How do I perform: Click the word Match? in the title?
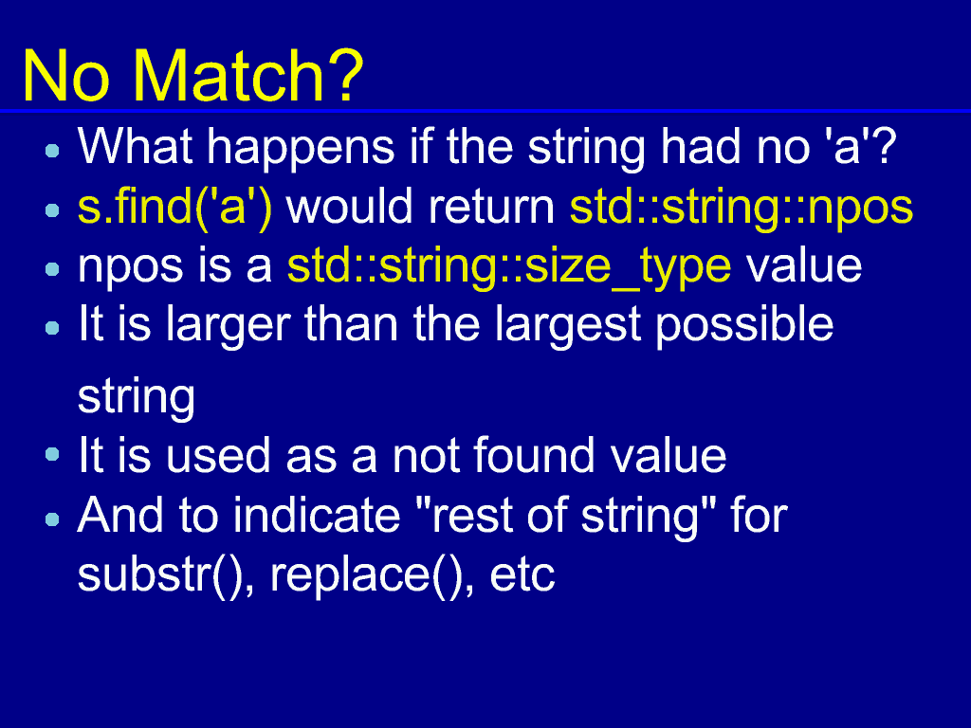pos(248,76)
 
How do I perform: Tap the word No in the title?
pos(66,76)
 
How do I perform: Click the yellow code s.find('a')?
pos(175,207)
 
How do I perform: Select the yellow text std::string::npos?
pos(742,209)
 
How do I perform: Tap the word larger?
pos(228,326)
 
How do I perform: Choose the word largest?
pos(568,326)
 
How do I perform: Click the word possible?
pos(745,326)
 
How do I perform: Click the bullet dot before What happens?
pos(53,151)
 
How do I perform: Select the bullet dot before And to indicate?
pos(53,519)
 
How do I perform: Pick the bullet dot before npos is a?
pos(53,269)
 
